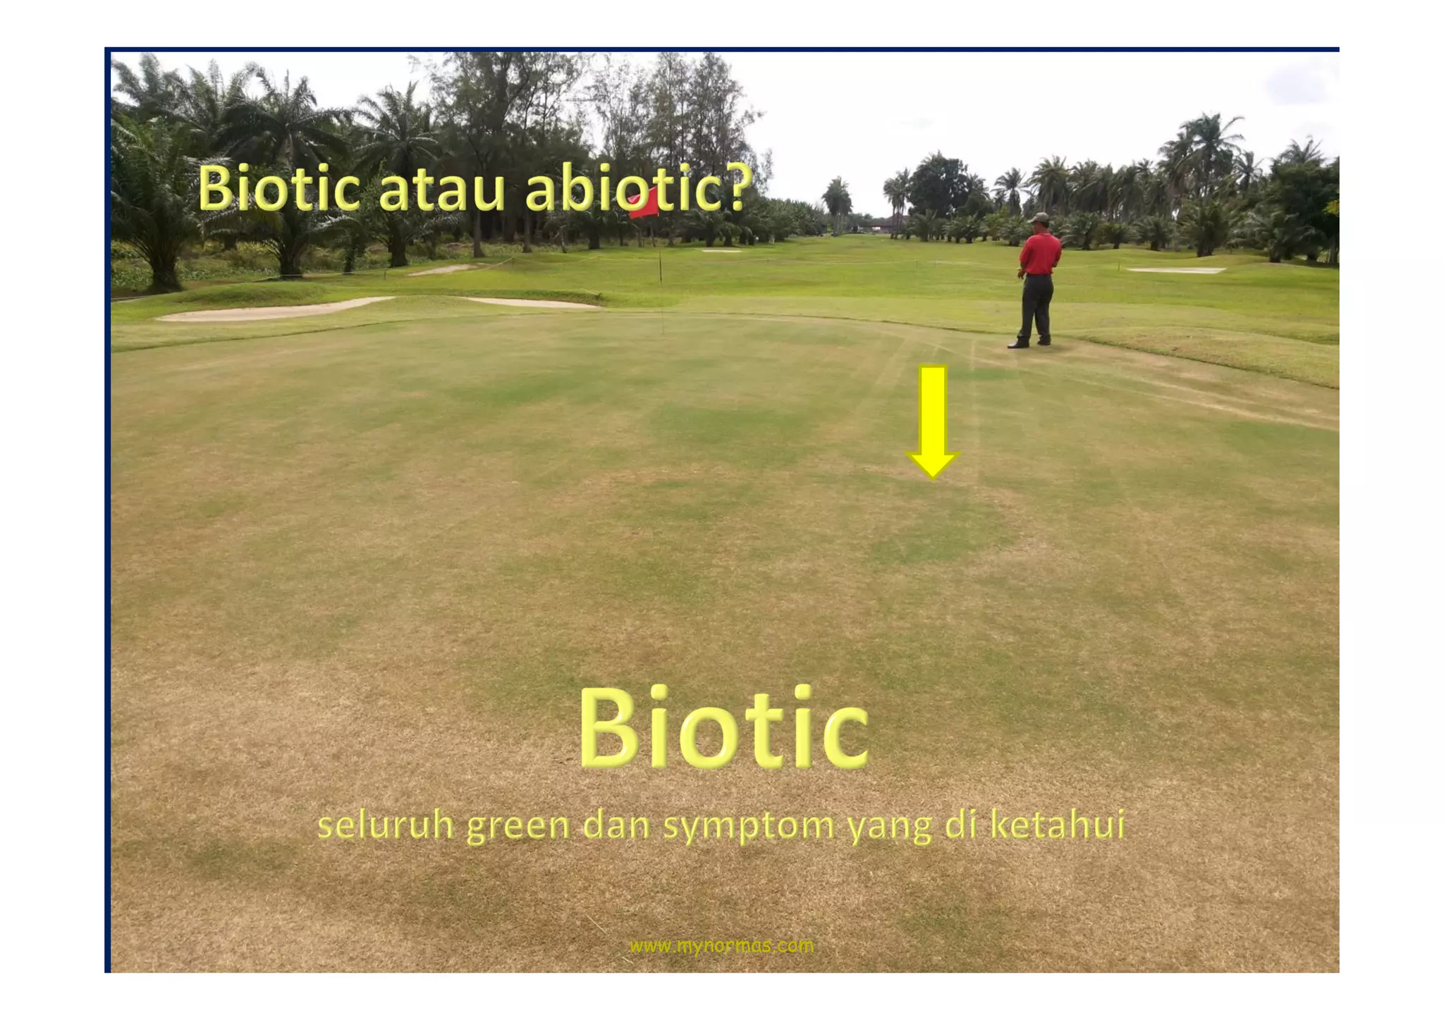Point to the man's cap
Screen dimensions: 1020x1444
[x=1037, y=218]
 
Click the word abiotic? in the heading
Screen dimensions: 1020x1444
[x=635, y=189]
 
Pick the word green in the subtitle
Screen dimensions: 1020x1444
[x=518, y=825]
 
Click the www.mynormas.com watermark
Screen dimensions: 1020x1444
[x=721, y=945]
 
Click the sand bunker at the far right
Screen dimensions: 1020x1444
[x=1176, y=270]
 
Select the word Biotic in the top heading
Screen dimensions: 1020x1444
[x=279, y=189]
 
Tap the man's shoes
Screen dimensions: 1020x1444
[x=1029, y=344]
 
